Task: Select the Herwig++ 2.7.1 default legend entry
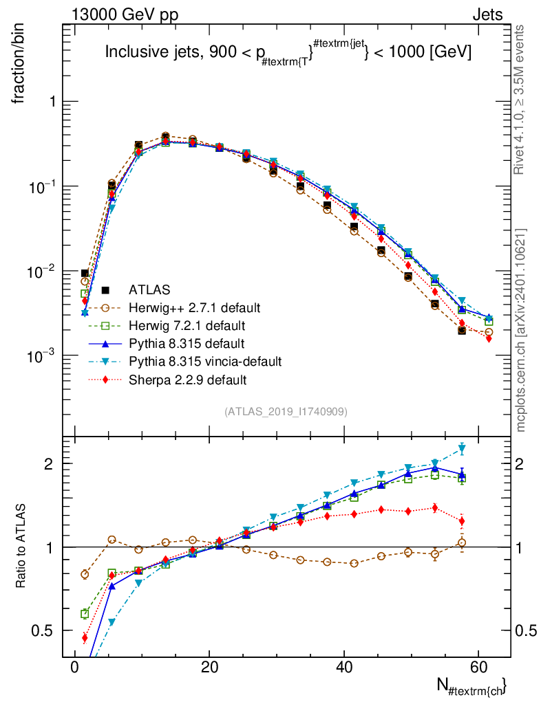pyautogui.click(x=193, y=306)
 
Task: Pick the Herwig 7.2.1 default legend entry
pyautogui.click(x=187, y=324)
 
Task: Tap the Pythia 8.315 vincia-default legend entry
pyautogui.click(x=205, y=361)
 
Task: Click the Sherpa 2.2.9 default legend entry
pyautogui.click(x=187, y=379)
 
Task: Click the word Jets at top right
pyautogui.click(x=487, y=14)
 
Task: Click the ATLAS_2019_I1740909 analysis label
pyautogui.click(x=286, y=412)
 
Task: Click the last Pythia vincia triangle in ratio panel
pyautogui.click(x=462, y=450)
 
